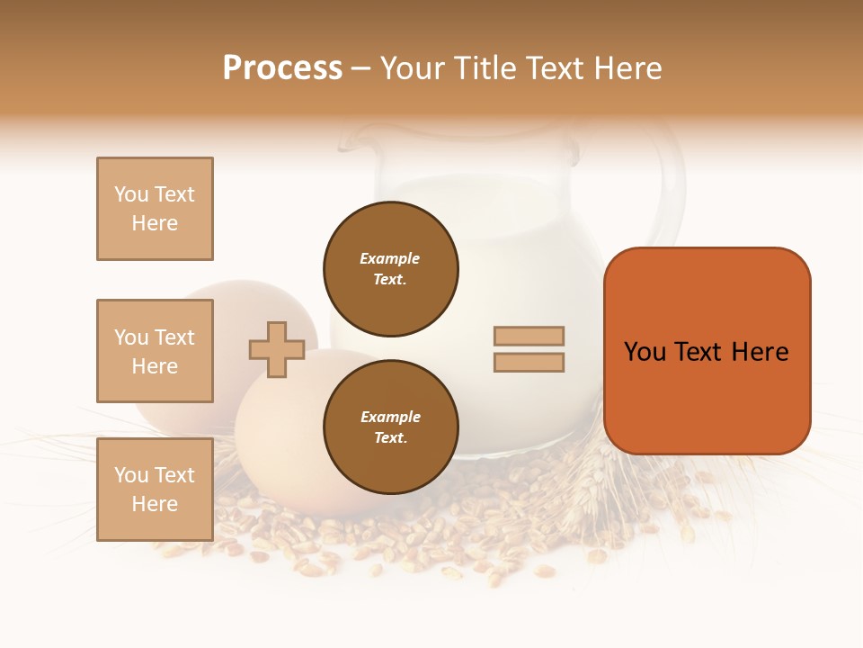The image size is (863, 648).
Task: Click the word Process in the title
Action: (282, 68)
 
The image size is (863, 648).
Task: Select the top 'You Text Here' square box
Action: (155, 209)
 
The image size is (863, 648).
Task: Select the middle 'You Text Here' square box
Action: (155, 351)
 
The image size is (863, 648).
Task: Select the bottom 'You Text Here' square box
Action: (155, 490)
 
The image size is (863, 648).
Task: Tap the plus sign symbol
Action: (277, 349)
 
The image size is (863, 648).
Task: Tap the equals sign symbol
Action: (529, 349)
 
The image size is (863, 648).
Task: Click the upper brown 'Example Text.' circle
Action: (390, 269)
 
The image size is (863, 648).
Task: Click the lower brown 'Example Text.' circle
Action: (390, 427)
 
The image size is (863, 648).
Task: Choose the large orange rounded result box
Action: (707, 351)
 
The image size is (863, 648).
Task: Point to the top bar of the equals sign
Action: (529, 336)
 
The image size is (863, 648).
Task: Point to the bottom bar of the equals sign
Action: (529, 363)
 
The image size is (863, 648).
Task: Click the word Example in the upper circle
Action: (390, 259)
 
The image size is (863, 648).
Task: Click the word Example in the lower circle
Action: (390, 418)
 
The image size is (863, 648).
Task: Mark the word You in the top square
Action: (130, 194)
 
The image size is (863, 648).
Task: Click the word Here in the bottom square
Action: (155, 504)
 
